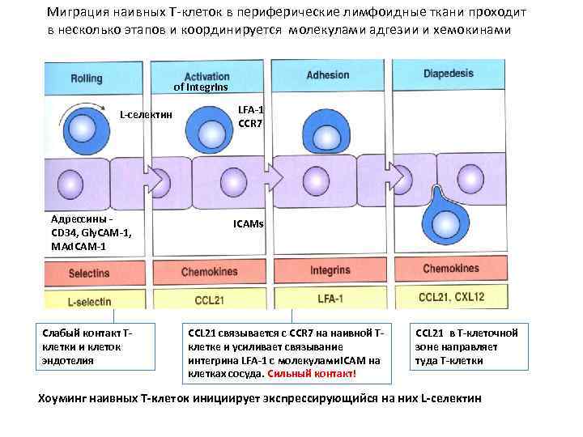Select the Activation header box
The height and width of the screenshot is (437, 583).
pos(208,77)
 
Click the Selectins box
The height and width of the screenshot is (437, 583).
pos(90,274)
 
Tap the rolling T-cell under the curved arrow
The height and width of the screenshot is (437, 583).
pos(82,129)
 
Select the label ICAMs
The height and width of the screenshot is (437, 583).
pos(249,223)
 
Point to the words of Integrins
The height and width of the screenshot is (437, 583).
pos(202,87)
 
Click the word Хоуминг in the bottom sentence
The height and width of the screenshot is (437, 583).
pos(65,399)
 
